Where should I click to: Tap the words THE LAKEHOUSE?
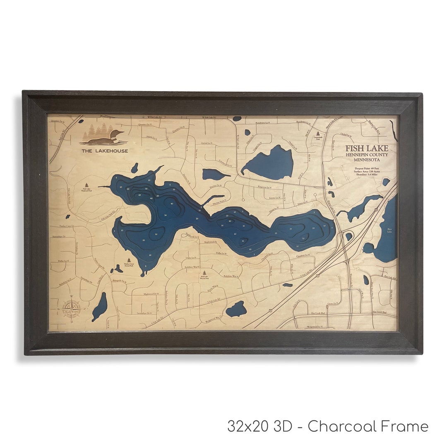click(105, 151)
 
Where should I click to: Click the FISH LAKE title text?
click(367, 149)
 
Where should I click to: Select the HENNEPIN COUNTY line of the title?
click(367, 155)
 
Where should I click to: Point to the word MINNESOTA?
click(367, 160)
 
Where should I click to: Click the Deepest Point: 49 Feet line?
click(367, 168)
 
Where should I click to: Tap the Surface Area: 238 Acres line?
click(367, 171)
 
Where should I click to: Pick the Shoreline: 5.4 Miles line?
click(367, 175)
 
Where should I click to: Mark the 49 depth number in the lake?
click(140, 195)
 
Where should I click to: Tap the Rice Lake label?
click(389, 231)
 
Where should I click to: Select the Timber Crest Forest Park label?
click(129, 265)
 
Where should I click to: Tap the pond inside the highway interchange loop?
click(349, 236)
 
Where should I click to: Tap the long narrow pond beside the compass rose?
click(99, 307)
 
